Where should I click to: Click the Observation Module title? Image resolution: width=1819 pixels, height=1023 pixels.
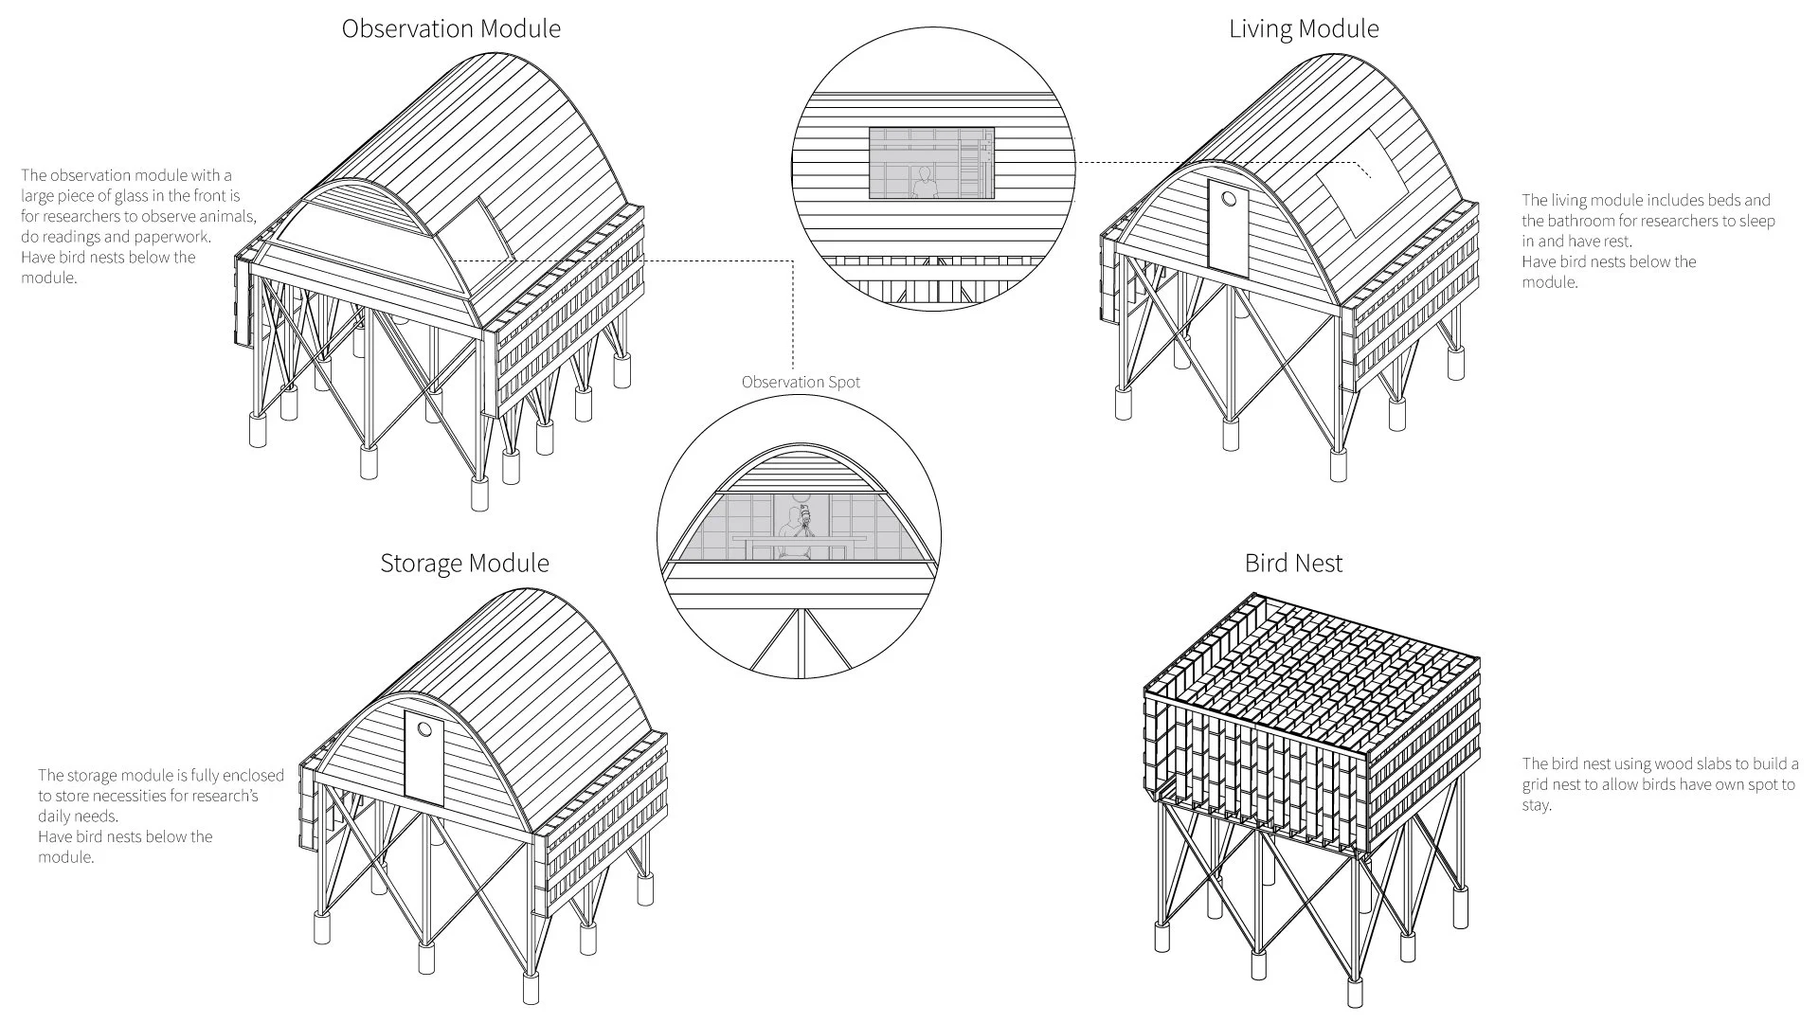[451, 29]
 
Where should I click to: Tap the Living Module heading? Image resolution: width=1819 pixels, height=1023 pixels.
[1304, 29]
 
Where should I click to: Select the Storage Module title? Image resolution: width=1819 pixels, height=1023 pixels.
[464, 564]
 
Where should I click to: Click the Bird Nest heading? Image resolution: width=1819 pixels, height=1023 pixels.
[1293, 564]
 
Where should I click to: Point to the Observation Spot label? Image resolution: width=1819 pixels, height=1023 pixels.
[801, 383]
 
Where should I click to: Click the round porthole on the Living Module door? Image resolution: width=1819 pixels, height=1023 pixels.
[1229, 200]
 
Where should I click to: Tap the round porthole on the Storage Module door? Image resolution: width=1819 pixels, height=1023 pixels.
[424, 729]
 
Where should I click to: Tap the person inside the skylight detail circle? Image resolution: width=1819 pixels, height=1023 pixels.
[923, 183]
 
